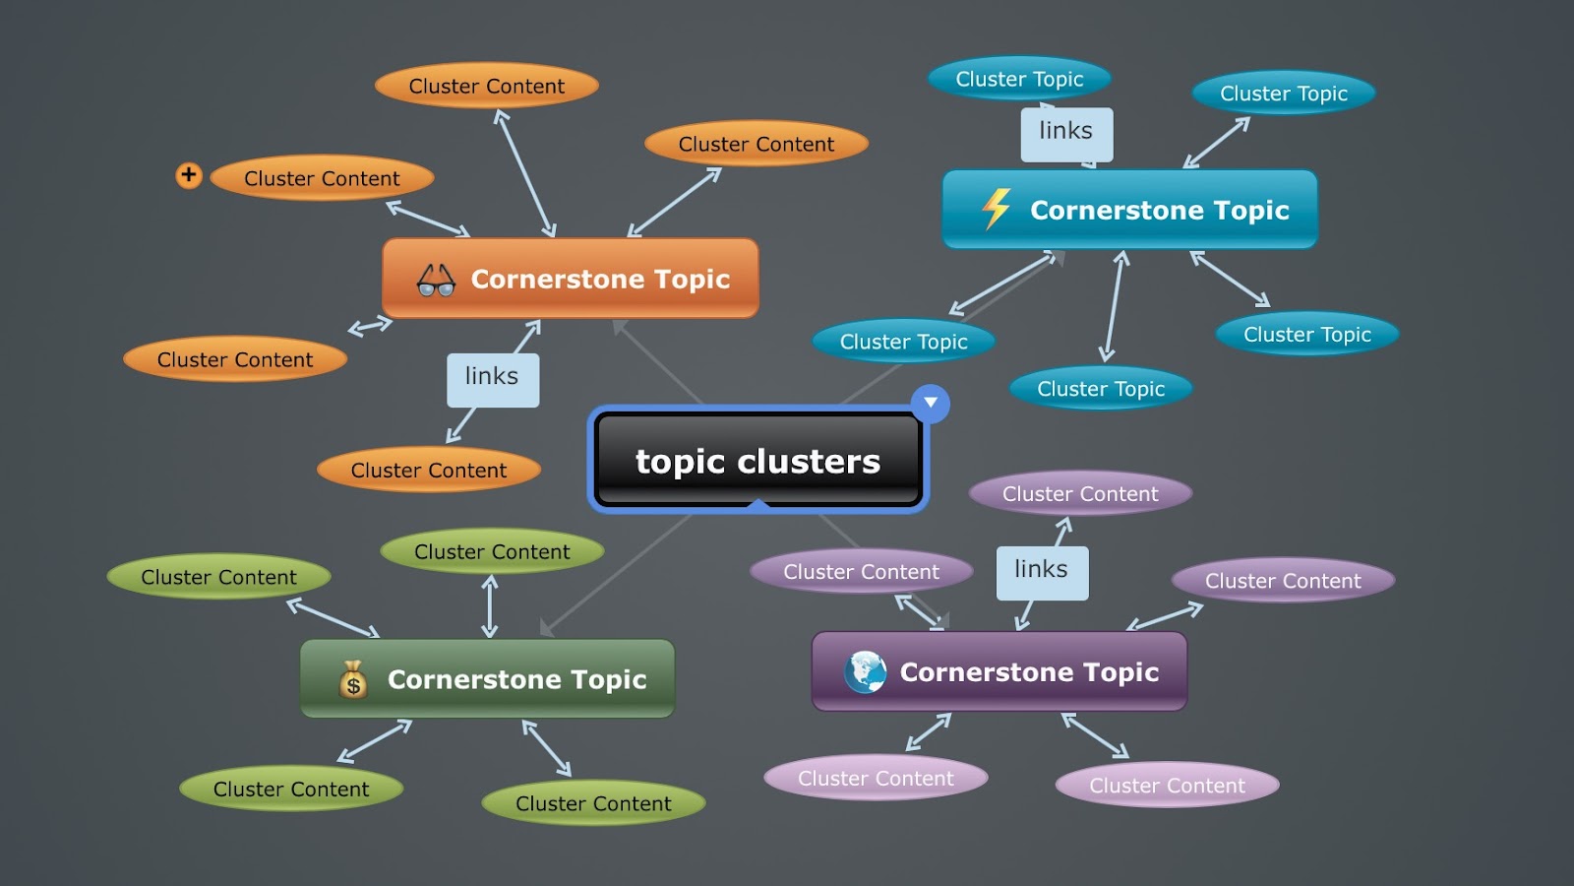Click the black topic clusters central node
757,461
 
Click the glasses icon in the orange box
436,281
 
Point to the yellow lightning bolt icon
997,209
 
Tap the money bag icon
353,680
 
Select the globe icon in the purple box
866,672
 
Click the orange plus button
189,175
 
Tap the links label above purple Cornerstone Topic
1042,572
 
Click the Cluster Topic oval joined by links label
1019,79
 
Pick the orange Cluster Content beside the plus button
322,179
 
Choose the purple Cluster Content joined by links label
1080,493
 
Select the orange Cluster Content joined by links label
429,471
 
